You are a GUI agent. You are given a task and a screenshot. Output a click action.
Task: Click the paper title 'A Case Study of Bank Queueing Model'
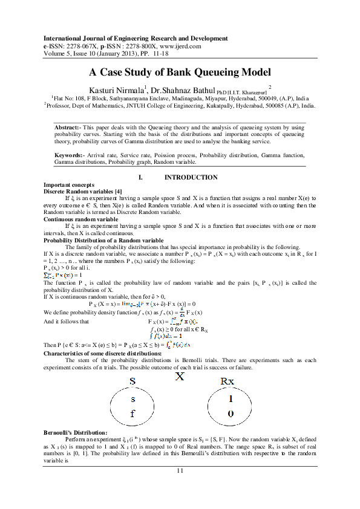click(x=180, y=71)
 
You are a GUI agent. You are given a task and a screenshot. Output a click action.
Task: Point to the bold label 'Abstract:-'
click(x=69, y=128)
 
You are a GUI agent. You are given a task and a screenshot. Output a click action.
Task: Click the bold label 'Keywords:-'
click(x=71, y=156)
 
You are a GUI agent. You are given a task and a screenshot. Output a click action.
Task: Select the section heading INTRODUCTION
click(x=191, y=177)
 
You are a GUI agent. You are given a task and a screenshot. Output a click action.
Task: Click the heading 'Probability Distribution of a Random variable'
click(x=103, y=240)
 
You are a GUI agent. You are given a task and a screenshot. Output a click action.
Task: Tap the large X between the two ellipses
click(x=180, y=377)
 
